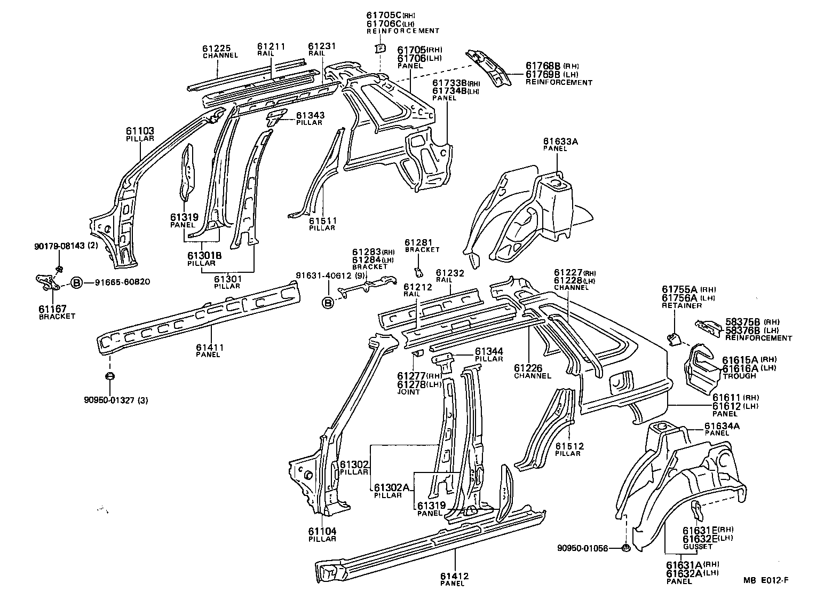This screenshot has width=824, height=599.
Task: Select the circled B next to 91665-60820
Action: coord(76,282)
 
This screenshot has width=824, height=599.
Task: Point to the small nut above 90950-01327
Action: coord(110,377)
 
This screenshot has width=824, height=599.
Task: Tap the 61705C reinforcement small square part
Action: coord(380,49)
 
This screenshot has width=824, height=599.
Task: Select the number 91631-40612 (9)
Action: coord(331,275)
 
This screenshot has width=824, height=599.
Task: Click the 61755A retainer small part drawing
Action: coord(674,338)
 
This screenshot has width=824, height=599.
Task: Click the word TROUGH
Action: coord(739,376)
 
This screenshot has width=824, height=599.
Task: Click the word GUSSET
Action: coord(698,547)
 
